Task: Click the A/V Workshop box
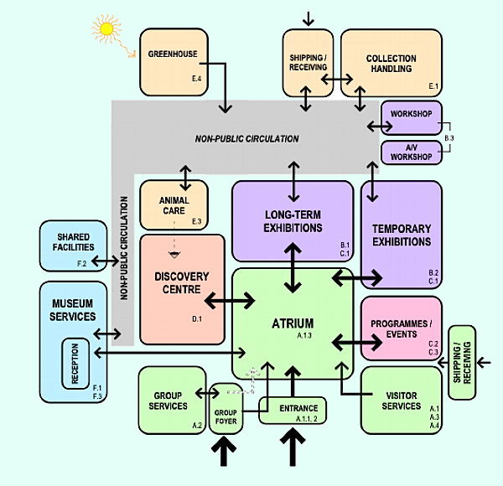[410, 152]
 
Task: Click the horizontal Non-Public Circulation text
[247, 138]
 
